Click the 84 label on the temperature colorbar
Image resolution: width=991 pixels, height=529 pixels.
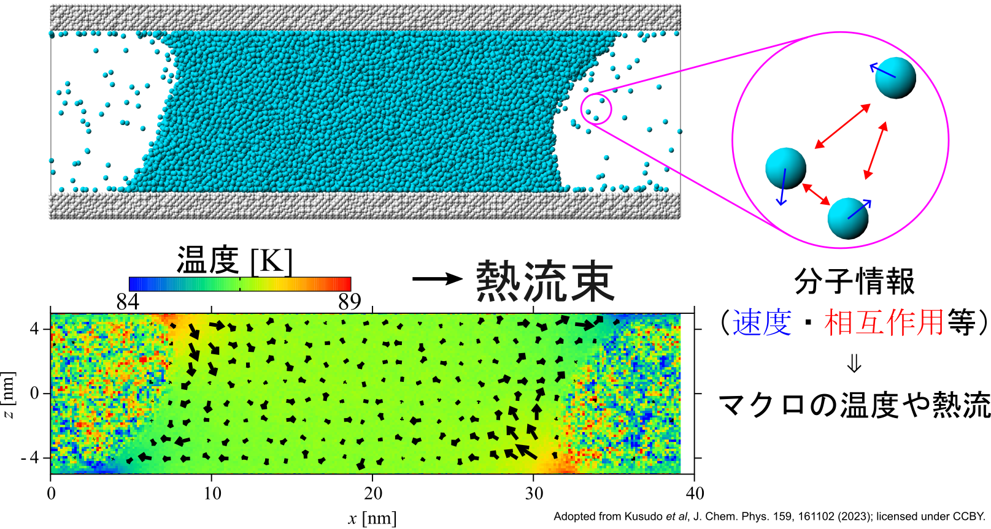click(128, 302)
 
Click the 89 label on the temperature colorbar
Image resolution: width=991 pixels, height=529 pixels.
click(350, 302)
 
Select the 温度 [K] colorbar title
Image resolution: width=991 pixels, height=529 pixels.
click(234, 261)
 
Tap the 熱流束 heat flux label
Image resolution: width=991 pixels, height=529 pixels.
click(545, 281)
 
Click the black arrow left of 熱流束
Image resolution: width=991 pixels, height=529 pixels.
click(437, 279)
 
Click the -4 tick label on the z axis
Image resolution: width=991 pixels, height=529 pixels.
click(30, 457)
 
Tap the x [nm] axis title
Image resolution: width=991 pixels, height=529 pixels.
click(372, 518)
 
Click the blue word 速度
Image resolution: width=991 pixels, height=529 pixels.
click(762, 323)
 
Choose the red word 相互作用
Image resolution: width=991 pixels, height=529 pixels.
click(884, 323)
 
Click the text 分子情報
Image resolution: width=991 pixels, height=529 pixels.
click(854, 281)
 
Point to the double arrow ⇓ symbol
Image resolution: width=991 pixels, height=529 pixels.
click(854, 364)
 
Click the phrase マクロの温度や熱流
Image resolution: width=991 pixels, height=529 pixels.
click(854, 405)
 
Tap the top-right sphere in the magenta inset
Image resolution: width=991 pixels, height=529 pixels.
click(895, 78)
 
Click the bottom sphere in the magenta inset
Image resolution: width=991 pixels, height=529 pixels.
click(847, 218)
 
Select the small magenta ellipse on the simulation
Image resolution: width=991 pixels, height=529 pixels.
click(596, 108)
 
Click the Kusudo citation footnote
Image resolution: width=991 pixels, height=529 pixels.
click(769, 516)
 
